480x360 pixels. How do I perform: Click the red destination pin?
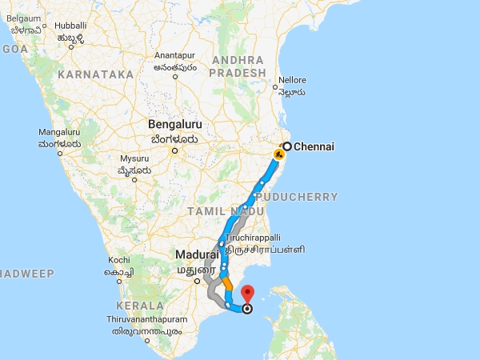click(x=247, y=294)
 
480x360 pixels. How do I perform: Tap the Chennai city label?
click(x=314, y=146)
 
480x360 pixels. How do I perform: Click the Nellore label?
click(x=290, y=81)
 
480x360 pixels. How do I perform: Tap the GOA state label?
click(x=14, y=49)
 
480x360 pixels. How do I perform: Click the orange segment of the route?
click(x=228, y=282)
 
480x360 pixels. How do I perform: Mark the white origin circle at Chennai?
click(x=286, y=146)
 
